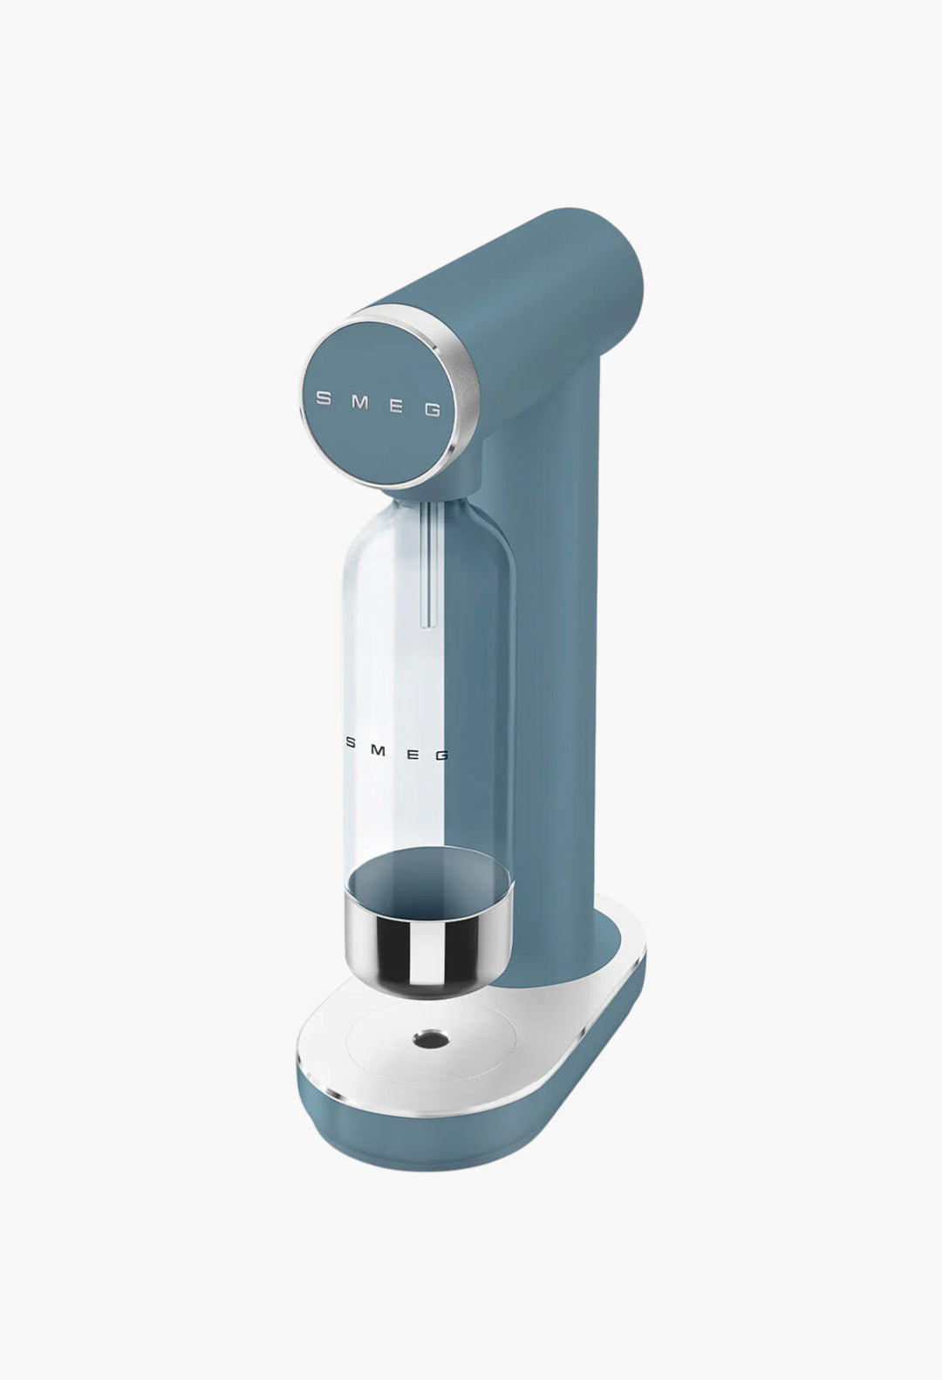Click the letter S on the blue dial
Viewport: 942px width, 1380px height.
[x=323, y=398]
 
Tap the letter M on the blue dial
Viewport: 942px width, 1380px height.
[x=362, y=402]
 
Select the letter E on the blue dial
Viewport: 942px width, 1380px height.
[x=397, y=406]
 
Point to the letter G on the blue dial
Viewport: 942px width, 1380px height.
[x=433, y=411]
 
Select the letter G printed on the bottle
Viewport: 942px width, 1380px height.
[x=441, y=755]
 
